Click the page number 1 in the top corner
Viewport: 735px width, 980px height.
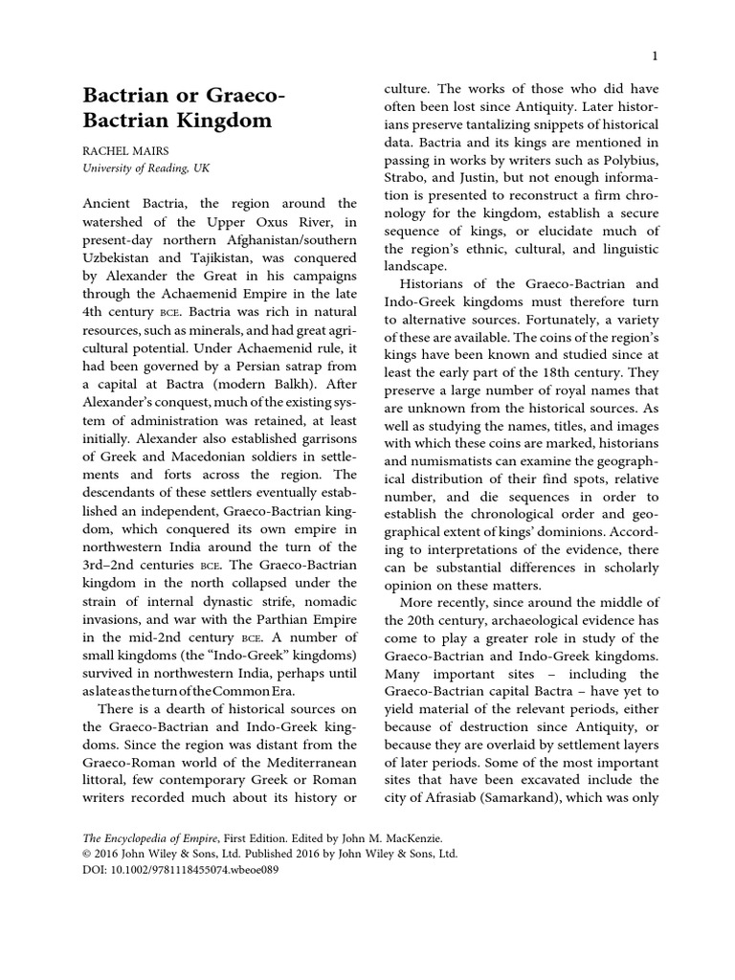[x=651, y=56]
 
